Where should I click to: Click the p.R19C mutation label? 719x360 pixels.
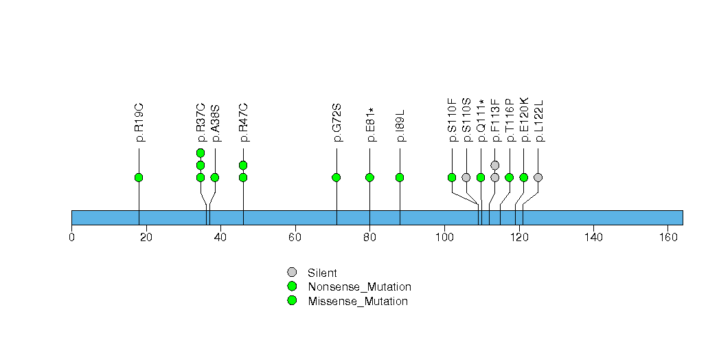click(x=139, y=122)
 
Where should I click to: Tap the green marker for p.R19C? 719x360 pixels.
click(x=139, y=177)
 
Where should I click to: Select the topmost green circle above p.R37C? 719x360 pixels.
click(x=201, y=153)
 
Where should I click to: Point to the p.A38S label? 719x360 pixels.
click(x=215, y=122)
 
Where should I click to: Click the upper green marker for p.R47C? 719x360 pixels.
click(x=243, y=165)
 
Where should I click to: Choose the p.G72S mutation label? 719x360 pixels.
click(x=336, y=122)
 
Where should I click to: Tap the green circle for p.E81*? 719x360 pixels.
click(x=369, y=177)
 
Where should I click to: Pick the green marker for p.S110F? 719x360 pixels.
click(x=452, y=177)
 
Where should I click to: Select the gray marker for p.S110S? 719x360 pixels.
click(x=466, y=177)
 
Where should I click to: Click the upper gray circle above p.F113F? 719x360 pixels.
click(x=495, y=165)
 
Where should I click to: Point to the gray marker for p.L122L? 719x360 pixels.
click(x=538, y=177)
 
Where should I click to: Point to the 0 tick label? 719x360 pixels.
click(x=71, y=238)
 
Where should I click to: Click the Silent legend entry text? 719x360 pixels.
click(x=322, y=273)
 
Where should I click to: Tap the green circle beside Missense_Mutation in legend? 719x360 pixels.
click(x=292, y=301)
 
